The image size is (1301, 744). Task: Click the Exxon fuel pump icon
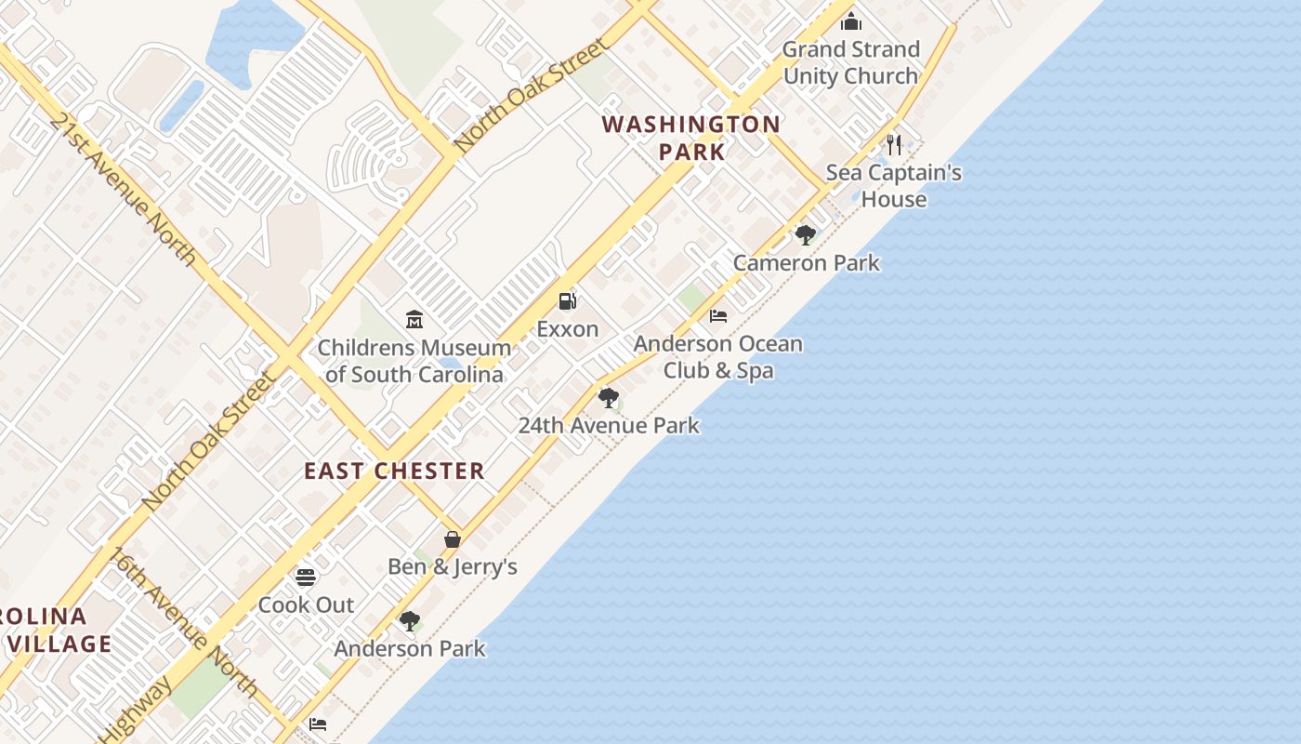[x=567, y=300]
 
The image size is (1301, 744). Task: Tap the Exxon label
[x=567, y=329]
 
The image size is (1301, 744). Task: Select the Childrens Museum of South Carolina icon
[x=414, y=320]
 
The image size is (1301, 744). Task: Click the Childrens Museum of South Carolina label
[x=414, y=361]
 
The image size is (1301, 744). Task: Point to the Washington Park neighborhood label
[x=690, y=138]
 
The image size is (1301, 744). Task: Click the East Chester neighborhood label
[x=394, y=471]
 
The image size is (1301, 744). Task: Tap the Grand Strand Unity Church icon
[x=851, y=21]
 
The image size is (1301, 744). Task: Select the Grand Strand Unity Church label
[x=850, y=62]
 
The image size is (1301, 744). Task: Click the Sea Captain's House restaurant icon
[x=894, y=144]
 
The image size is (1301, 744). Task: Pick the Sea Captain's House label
[x=893, y=186]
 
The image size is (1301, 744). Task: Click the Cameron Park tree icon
[x=806, y=234]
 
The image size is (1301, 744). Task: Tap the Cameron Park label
[x=806, y=263]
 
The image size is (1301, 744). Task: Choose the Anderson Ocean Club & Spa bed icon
[x=718, y=316]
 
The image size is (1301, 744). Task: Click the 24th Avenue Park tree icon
[x=609, y=398]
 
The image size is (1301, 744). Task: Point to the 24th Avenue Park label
[x=609, y=426]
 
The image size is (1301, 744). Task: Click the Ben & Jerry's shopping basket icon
[x=453, y=539]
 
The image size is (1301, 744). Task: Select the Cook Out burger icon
[x=306, y=578]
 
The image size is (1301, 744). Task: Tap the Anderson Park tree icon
[x=409, y=621]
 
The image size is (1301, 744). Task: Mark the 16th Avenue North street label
[x=184, y=622]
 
